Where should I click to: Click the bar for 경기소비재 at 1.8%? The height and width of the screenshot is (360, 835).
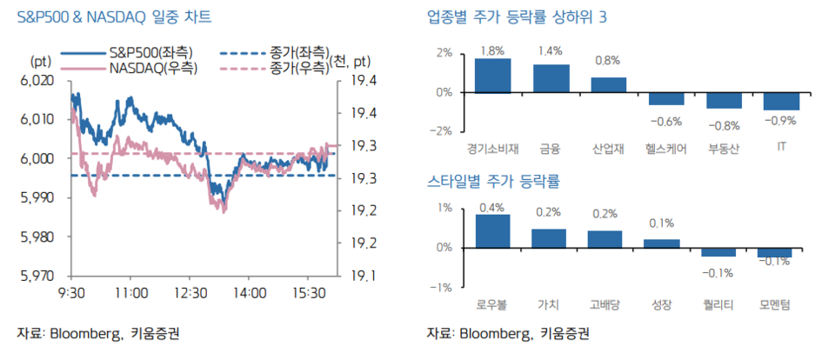(x=492, y=76)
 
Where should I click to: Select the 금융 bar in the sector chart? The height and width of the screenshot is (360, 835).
(x=551, y=79)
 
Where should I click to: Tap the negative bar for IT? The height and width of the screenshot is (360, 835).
(x=781, y=101)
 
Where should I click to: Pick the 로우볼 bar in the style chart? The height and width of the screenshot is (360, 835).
(x=492, y=230)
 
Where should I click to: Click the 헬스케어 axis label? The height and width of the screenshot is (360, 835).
(x=665, y=149)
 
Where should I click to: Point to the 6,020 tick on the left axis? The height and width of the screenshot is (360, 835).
(x=36, y=80)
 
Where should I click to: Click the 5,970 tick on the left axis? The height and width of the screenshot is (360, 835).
(x=36, y=277)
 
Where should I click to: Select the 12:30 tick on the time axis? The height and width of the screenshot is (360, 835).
(x=190, y=293)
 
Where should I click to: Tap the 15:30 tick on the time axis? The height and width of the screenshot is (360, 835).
(x=309, y=293)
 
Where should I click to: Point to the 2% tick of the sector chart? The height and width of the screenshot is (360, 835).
(x=444, y=52)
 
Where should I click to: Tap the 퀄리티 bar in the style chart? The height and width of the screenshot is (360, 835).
(x=719, y=252)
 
